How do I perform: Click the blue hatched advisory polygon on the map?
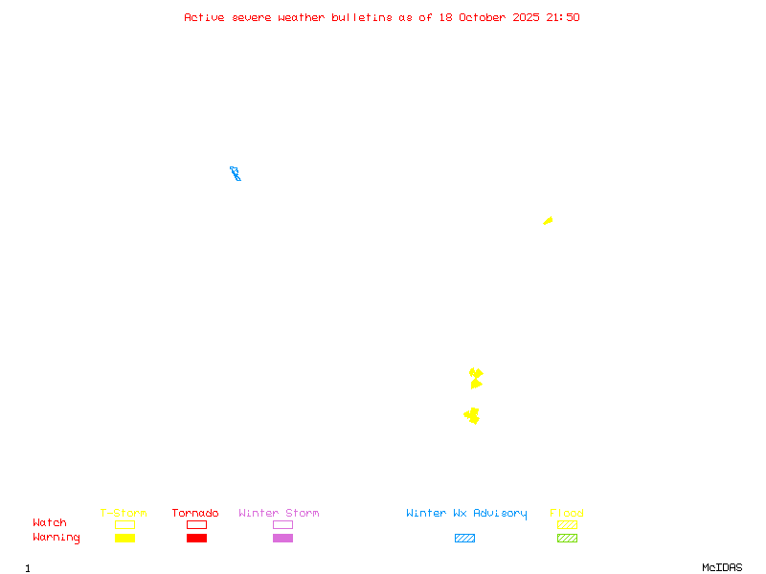pyautogui.click(x=235, y=173)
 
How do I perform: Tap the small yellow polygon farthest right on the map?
pyautogui.click(x=548, y=221)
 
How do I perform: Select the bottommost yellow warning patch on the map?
pyautogui.click(x=472, y=415)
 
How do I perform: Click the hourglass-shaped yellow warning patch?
pyautogui.click(x=476, y=378)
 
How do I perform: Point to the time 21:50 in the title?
pyautogui.click(x=563, y=17)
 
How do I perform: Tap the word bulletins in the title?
pyautogui.click(x=362, y=17)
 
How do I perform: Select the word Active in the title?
pyautogui.click(x=204, y=17)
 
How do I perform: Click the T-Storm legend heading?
pyautogui.click(x=124, y=513)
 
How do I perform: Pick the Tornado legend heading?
pyautogui.click(x=195, y=513)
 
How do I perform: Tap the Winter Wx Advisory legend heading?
pyautogui.click(x=466, y=513)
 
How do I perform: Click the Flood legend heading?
pyautogui.click(x=567, y=513)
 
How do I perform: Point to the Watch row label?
pyautogui.click(x=50, y=523)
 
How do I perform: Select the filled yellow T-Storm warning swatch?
pyautogui.click(x=124, y=538)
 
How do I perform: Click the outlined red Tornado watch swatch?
pyautogui.click(x=196, y=524)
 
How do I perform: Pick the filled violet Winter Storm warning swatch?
pyautogui.click(x=282, y=538)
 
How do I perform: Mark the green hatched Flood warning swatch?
pyautogui.click(x=567, y=538)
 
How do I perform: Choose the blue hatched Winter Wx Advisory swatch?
pyautogui.click(x=464, y=538)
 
